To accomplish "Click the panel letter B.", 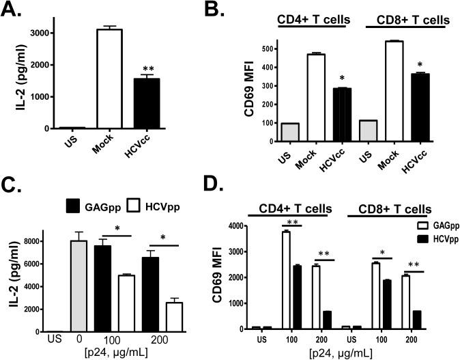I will [244, 12].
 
